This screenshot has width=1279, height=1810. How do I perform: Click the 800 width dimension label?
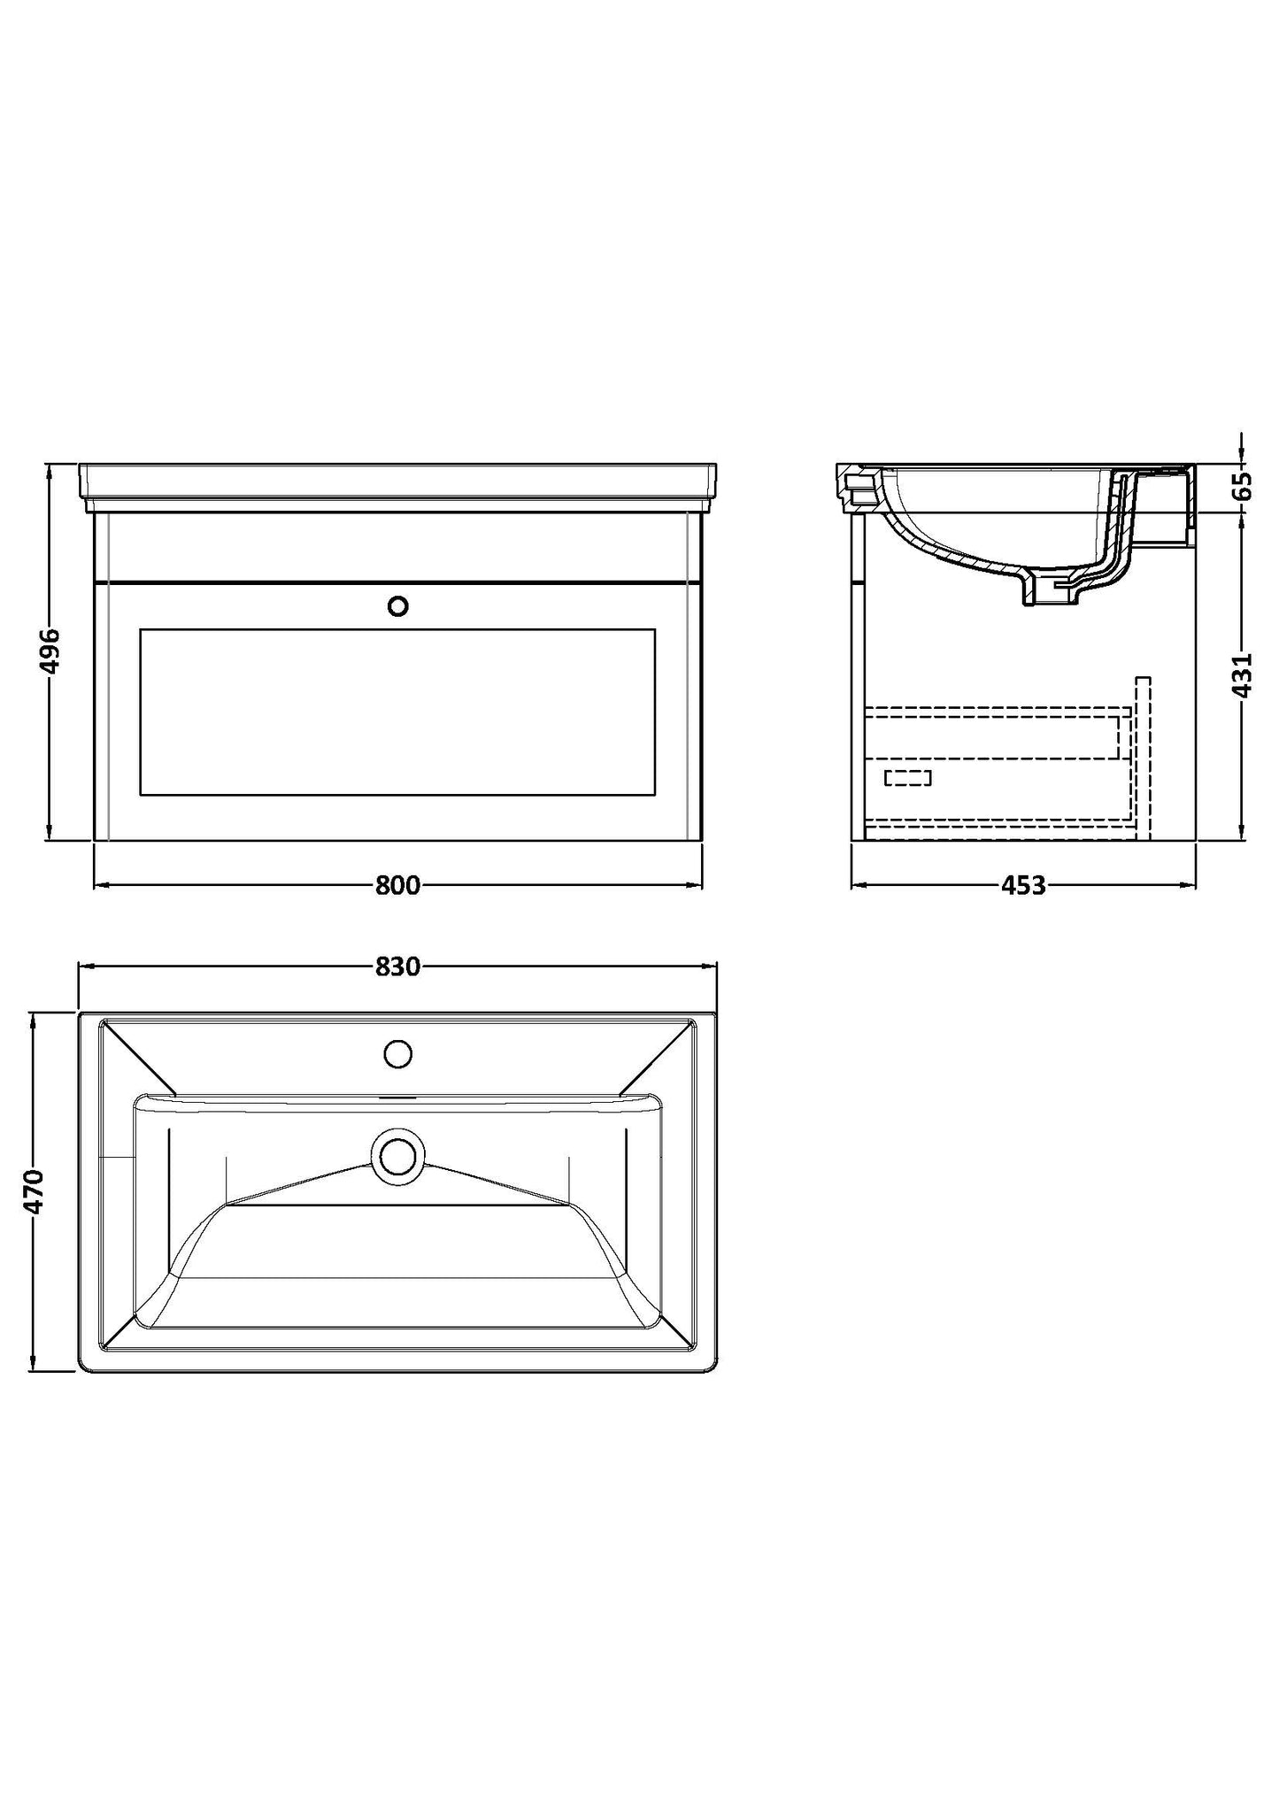[397, 885]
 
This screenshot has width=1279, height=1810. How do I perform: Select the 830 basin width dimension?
[397, 967]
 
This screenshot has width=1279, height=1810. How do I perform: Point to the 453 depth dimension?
[1024, 885]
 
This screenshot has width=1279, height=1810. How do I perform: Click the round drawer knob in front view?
[398, 606]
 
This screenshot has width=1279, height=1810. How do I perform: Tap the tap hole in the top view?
[398, 1053]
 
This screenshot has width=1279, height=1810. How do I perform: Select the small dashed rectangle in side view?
[908, 777]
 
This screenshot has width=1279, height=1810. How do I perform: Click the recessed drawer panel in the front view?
[397, 711]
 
